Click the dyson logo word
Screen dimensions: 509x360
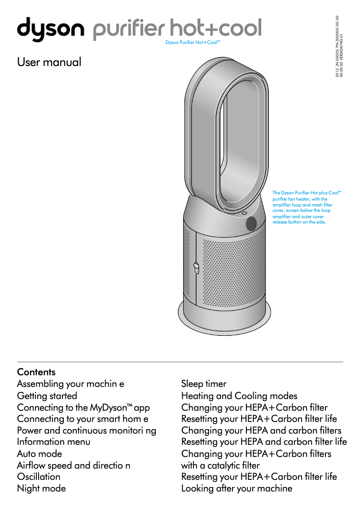tap(50, 29)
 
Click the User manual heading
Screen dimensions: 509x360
tap(49, 62)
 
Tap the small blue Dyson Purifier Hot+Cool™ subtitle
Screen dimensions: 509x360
tap(193, 43)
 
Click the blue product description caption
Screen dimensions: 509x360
tap(307, 207)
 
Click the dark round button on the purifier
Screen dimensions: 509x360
tap(251, 222)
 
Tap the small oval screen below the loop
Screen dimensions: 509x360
tap(244, 213)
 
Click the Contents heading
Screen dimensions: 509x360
tap(36, 372)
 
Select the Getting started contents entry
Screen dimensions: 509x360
tap(47, 396)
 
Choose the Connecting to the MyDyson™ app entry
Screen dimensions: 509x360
tap(83, 408)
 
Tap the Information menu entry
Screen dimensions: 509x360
tap(54, 442)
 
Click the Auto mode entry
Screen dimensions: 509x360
tap(40, 454)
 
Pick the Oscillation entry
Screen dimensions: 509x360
tap(39, 477)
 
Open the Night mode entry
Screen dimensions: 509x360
tap(41, 488)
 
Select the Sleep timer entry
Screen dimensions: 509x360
tap(204, 384)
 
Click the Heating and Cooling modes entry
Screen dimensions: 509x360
tap(239, 396)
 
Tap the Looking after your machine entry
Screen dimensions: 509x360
tap(237, 488)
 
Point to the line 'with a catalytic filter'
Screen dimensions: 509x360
tap(220, 465)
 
